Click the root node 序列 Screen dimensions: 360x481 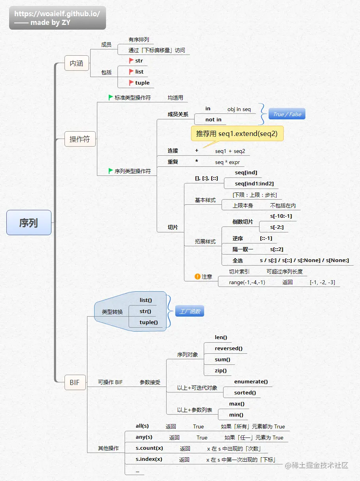(29, 223)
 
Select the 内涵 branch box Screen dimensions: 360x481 (76, 63)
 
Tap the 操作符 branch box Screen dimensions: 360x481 (80, 139)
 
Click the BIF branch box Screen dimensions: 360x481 (75, 383)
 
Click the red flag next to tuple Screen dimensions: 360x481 (131, 83)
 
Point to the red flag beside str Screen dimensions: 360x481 (131, 60)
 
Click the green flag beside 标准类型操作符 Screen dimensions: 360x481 (111, 97)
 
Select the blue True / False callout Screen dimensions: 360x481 (287, 114)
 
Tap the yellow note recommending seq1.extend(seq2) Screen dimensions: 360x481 (237, 134)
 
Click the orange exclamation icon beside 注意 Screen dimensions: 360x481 (197, 277)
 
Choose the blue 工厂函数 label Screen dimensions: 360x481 (189, 311)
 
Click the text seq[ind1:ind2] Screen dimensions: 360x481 (254, 183)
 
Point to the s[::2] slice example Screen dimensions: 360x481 (277, 249)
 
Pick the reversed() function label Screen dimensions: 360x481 (229, 349)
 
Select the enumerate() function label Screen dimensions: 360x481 (251, 381)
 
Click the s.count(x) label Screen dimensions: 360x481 (149, 448)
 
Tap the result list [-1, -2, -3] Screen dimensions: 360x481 (322, 282)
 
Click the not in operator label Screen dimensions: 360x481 (213, 119)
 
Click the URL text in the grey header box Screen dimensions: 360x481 (57, 13)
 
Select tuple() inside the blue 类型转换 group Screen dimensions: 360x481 (149, 322)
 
